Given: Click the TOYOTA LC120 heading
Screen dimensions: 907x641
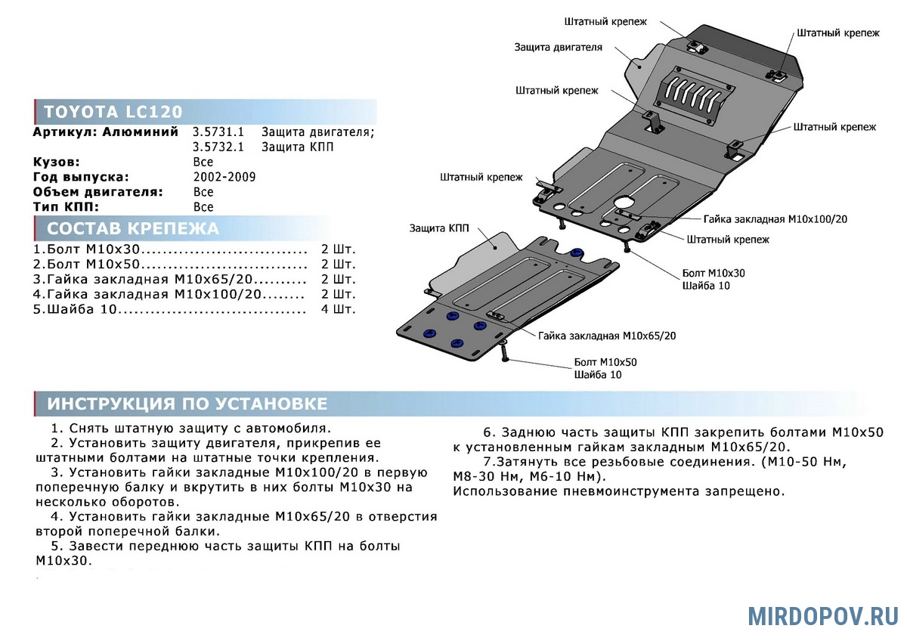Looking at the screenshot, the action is click(113, 112).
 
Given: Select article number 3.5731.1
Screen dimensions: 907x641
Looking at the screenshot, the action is click(218, 132).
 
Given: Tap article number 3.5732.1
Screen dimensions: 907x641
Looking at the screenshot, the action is click(218, 147).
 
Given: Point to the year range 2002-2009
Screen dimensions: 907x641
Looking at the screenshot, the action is click(224, 177).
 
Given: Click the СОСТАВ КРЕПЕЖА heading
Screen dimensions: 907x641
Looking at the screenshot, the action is click(133, 228).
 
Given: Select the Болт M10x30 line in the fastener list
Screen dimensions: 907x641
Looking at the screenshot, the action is click(87, 249).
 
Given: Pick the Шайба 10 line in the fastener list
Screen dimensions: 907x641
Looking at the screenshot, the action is click(75, 309).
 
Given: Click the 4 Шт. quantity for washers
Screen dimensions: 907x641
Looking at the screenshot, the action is click(338, 309).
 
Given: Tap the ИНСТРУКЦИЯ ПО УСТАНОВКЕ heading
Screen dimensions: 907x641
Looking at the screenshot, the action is click(187, 404).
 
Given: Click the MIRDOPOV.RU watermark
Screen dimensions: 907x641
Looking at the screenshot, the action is click(823, 616).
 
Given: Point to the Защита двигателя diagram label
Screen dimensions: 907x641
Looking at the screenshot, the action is click(558, 48).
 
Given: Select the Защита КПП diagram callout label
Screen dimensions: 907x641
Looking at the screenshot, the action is click(439, 228).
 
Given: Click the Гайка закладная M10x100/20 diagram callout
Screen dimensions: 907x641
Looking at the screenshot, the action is click(775, 219).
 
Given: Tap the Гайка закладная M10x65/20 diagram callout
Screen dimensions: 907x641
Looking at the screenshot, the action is click(607, 336).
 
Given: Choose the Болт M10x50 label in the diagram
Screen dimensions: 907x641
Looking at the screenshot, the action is click(605, 362).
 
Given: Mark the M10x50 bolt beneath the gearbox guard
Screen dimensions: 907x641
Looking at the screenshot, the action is click(503, 351).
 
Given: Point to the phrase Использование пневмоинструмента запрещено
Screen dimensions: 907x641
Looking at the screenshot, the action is click(619, 491).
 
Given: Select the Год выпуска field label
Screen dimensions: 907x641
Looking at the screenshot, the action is click(81, 177).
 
